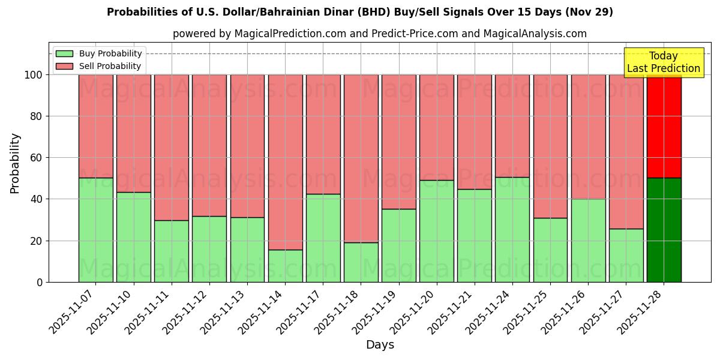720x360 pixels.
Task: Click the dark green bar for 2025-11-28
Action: (x=664, y=230)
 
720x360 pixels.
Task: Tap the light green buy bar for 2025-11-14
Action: (x=286, y=266)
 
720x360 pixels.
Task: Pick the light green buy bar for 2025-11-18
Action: (x=361, y=262)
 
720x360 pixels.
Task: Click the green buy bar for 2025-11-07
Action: (x=96, y=230)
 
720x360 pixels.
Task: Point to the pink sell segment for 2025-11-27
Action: (x=626, y=151)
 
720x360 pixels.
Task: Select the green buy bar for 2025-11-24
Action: (x=512, y=229)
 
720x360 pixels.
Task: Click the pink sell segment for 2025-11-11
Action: (x=172, y=147)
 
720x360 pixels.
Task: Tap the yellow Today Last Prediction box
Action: (x=663, y=62)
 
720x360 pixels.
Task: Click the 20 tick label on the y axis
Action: (x=37, y=241)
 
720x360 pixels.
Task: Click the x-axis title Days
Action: (x=380, y=345)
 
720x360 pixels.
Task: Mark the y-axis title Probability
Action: (x=15, y=163)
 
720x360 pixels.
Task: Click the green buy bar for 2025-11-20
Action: (x=437, y=231)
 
